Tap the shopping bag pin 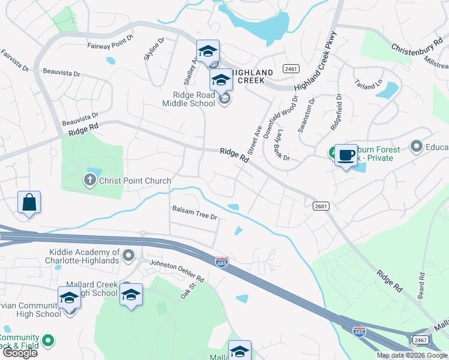click(x=29, y=203)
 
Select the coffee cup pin click(x=346, y=155)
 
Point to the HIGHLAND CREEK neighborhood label click(x=256, y=76)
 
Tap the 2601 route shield click(x=321, y=206)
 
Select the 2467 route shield click(x=421, y=340)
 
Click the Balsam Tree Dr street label click(x=194, y=212)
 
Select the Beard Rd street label click(x=422, y=287)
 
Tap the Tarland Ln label click(x=368, y=83)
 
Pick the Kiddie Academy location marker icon click(x=128, y=257)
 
